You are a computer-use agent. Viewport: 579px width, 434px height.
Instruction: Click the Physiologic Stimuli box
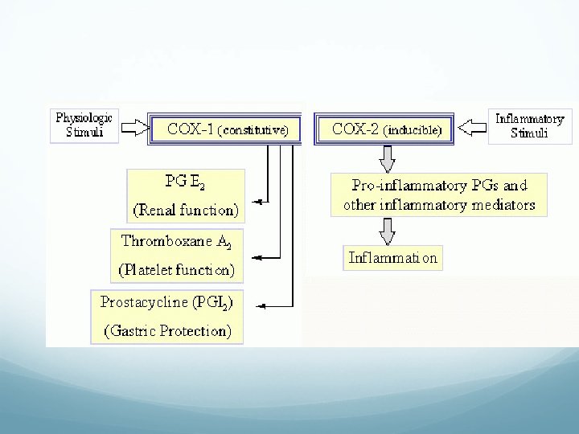tap(84, 126)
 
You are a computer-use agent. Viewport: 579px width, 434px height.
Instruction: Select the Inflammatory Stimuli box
tap(529, 126)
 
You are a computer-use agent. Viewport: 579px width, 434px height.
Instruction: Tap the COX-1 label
tap(191, 129)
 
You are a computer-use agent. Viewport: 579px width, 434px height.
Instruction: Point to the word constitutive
tap(253, 129)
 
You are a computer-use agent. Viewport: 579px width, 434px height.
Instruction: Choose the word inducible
tap(413, 129)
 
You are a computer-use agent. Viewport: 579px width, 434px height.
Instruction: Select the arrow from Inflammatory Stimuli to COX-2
tap(471, 127)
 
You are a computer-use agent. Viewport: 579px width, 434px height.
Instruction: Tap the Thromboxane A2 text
tap(177, 241)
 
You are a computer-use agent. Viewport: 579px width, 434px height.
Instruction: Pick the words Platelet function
tap(177, 271)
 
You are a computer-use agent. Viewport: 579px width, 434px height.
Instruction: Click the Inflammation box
tap(392, 258)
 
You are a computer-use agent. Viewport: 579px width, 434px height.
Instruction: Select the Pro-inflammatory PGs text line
tap(439, 186)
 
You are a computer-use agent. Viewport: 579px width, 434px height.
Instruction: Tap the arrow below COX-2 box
tap(388, 158)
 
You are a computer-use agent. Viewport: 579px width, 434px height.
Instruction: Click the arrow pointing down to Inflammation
tap(388, 230)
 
